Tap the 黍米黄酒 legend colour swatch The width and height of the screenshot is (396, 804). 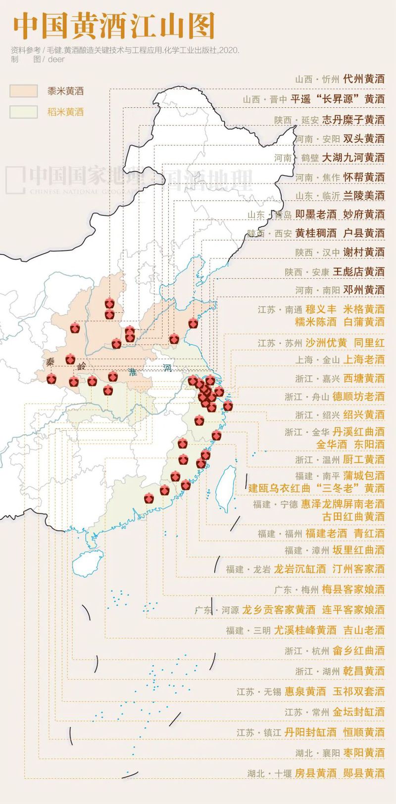click(x=23, y=91)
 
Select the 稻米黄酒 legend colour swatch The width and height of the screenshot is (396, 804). click(x=23, y=112)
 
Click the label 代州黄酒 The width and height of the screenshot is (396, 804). click(x=364, y=79)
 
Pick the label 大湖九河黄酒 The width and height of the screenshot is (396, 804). click(x=353, y=157)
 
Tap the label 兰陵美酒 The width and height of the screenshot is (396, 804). click(x=364, y=196)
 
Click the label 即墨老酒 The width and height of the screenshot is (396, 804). click(x=316, y=214)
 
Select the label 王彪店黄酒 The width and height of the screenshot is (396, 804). click(x=358, y=271)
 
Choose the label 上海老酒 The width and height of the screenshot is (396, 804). click(x=364, y=359)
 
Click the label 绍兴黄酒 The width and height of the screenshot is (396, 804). click(x=364, y=414)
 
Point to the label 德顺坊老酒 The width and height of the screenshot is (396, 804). click(x=358, y=396)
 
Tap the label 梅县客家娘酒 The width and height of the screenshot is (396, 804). click(x=353, y=589)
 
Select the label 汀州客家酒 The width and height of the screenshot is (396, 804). click(x=358, y=569)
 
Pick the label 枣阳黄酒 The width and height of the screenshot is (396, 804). click(x=364, y=753)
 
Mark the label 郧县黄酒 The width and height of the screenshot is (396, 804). click(x=364, y=773)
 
